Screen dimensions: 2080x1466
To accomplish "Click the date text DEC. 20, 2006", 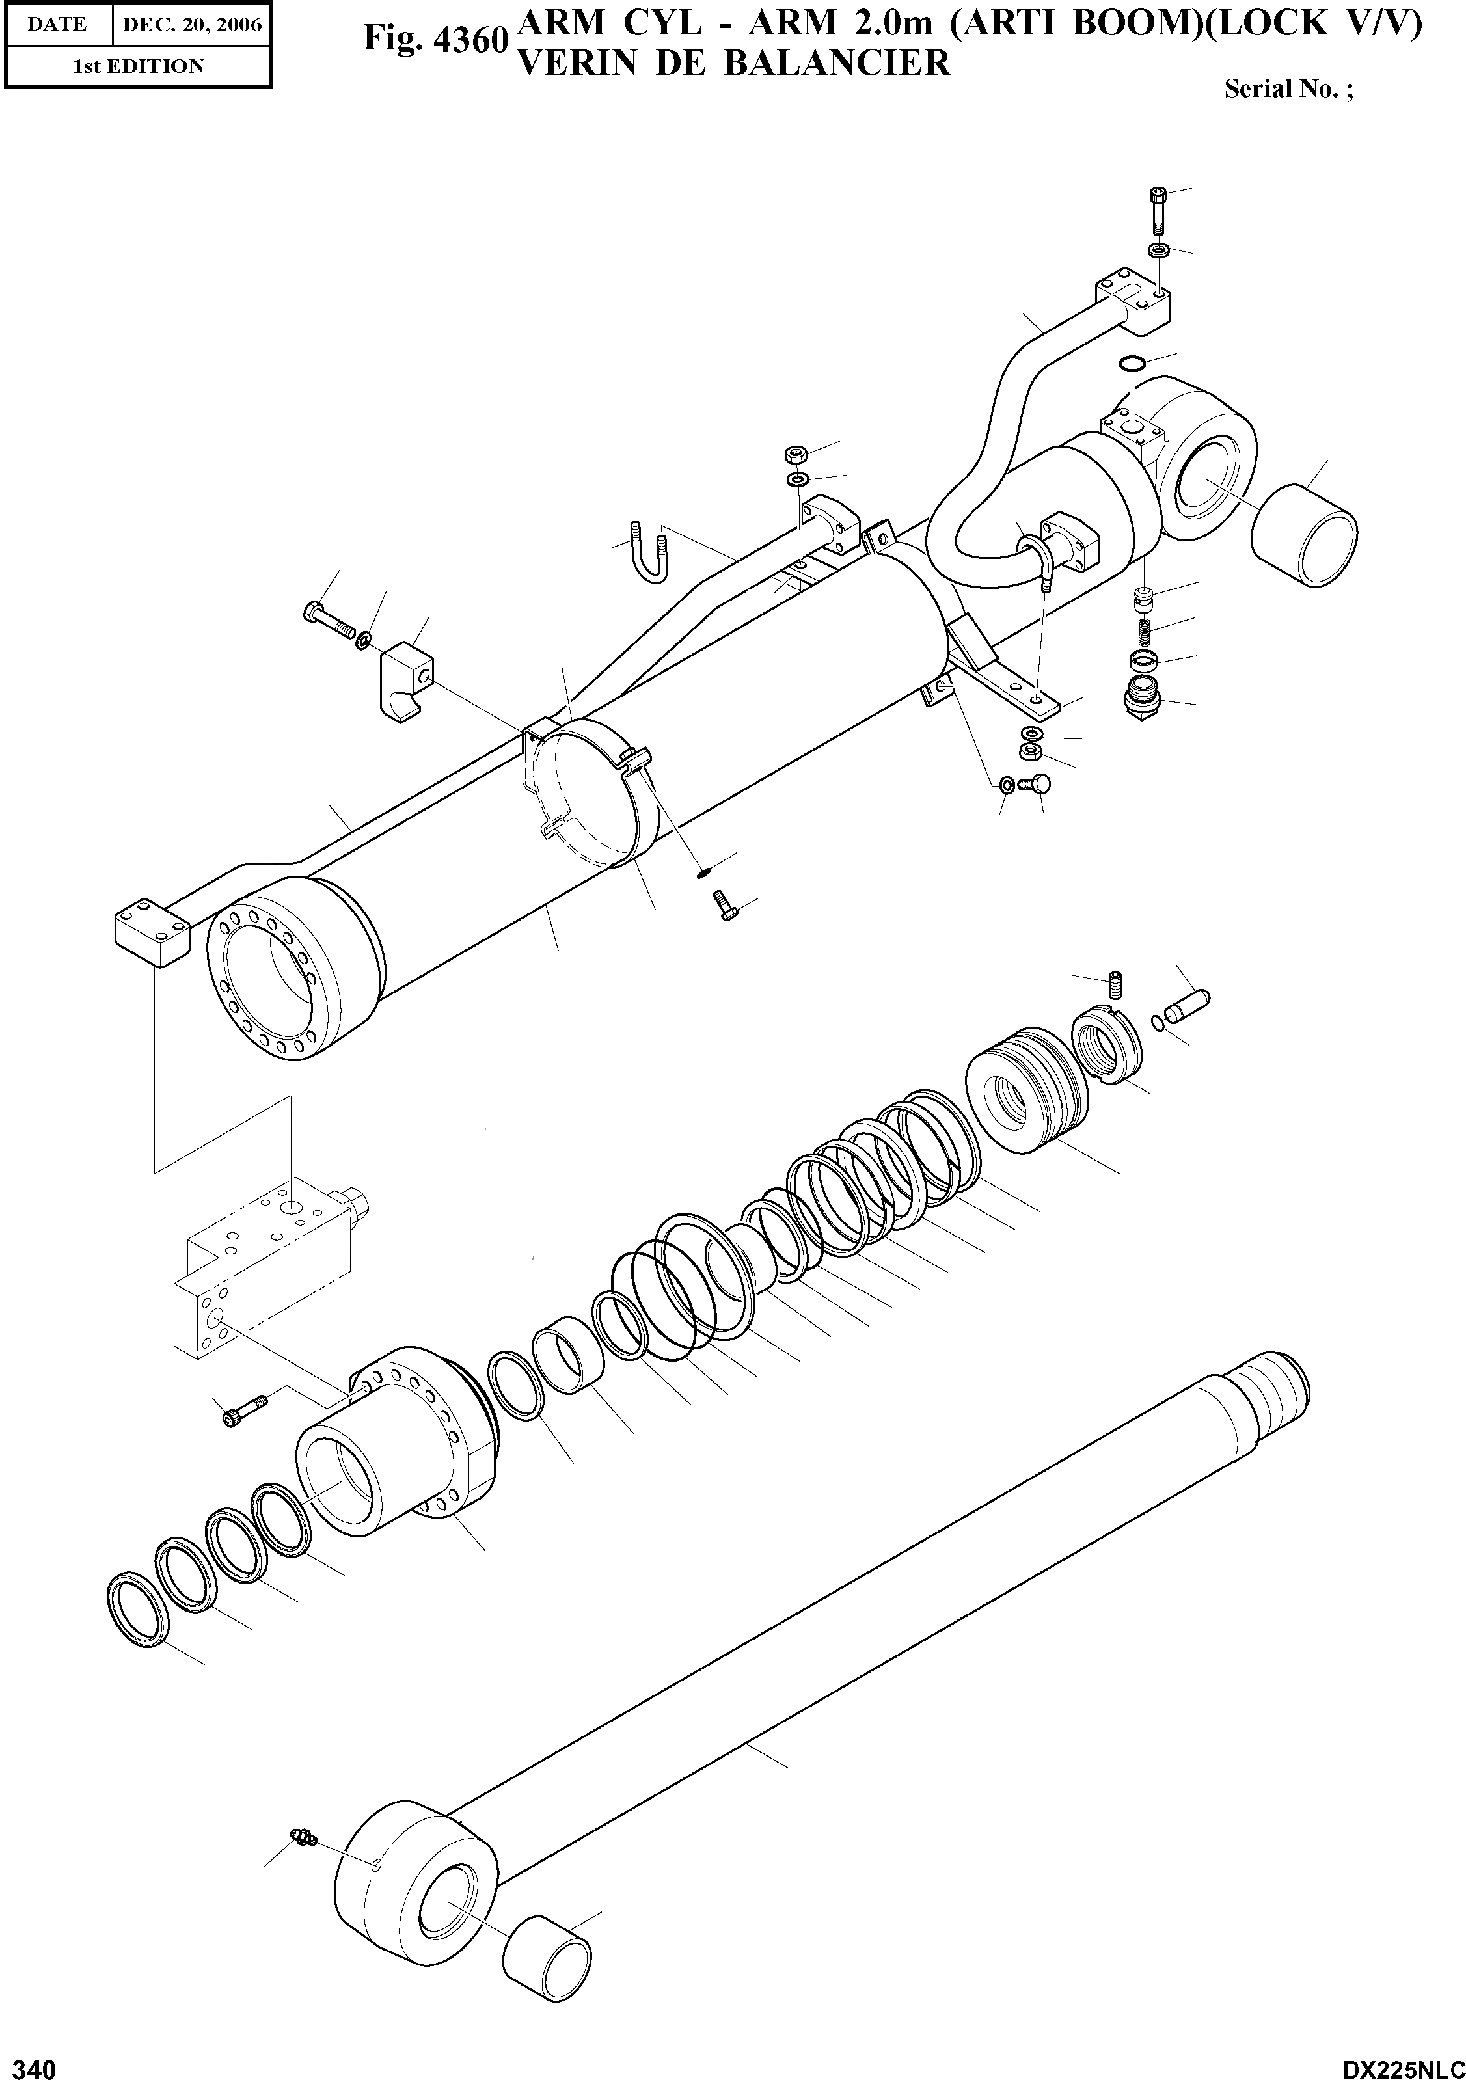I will point(191,25).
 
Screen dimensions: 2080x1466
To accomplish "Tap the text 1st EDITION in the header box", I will point(138,66).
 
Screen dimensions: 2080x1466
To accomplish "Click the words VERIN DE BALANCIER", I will point(732,62).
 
